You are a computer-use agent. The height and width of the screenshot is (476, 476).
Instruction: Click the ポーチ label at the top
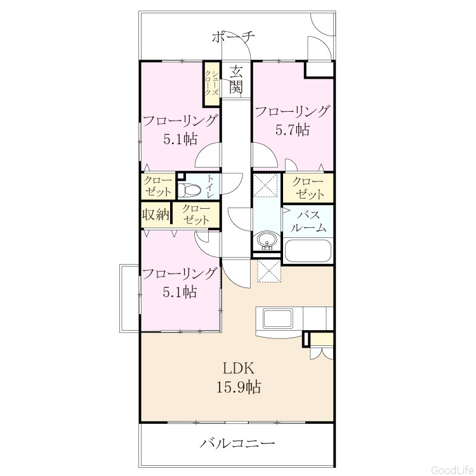[x=233, y=37]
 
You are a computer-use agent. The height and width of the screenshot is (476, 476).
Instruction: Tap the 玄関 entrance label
[x=236, y=80]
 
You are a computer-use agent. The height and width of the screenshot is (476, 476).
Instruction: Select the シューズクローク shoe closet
[x=211, y=84]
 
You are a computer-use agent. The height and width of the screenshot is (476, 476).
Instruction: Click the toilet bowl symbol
[x=189, y=190]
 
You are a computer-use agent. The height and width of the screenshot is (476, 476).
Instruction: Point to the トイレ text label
[x=210, y=187]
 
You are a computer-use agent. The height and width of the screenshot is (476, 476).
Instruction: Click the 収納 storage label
[x=156, y=215]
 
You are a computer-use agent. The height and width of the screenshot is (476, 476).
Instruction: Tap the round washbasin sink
[x=267, y=241]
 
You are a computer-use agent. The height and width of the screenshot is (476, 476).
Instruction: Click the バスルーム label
[x=308, y=221]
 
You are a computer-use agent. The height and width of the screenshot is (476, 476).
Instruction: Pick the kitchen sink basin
[x=278, y=318]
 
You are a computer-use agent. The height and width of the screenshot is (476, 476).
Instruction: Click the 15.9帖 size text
[x=239, y=387]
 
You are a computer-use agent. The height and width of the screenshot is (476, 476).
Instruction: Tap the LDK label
[x=239, y=369]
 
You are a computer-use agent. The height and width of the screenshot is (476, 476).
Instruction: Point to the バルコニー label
[x=237, y=444]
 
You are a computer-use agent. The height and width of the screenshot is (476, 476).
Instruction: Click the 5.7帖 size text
[x=293, y=129]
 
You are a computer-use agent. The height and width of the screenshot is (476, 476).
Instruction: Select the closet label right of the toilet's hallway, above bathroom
[x=308, y=188]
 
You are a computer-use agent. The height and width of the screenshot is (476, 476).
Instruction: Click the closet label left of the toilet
[x=158, y=186]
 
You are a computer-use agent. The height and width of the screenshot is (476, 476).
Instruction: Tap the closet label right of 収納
[x=196, y=215]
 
